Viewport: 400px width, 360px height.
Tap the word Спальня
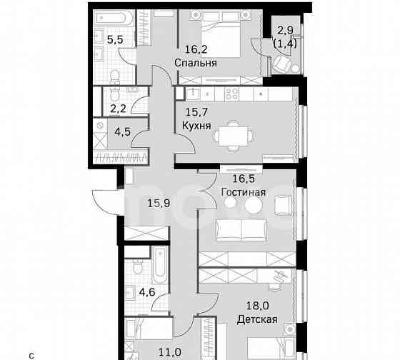click(196, 63)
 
